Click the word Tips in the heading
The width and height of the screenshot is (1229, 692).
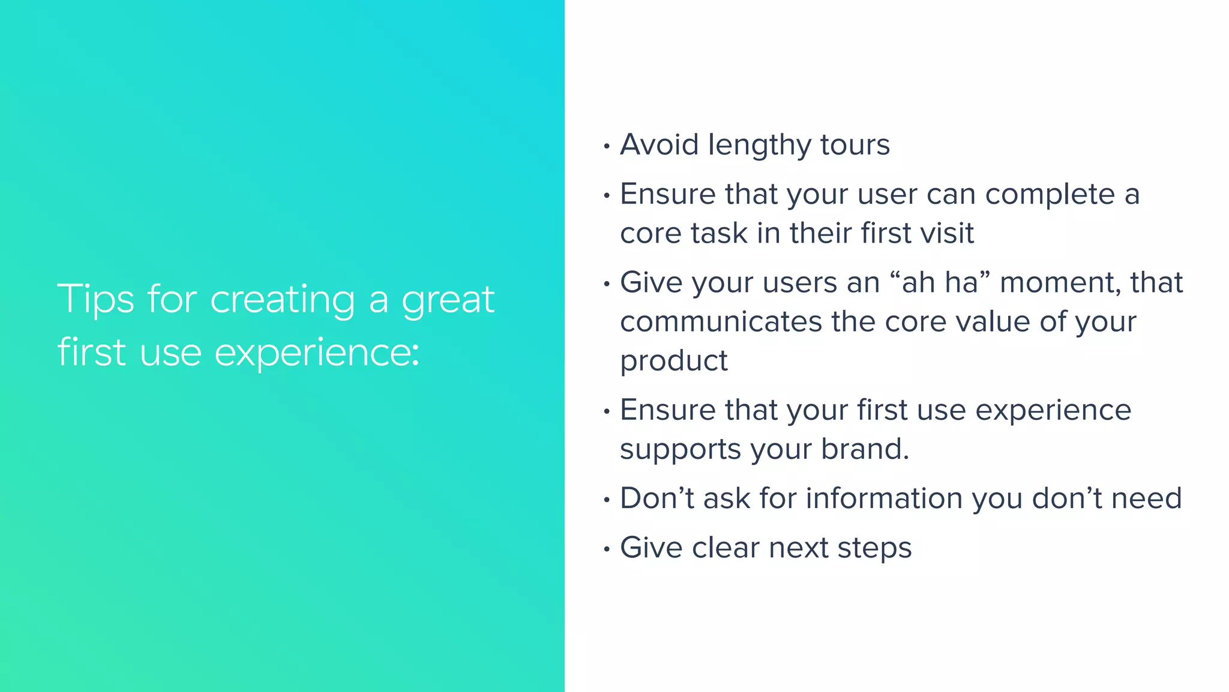pos(95,299)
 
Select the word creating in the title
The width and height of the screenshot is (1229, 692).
pos(282,299)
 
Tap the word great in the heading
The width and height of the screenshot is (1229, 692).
pos(448,299)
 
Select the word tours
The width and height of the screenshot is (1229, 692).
pos(855,145)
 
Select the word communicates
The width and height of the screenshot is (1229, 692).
pos(721,321)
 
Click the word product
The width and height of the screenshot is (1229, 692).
pos(673,362)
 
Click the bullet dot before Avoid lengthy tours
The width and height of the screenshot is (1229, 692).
pos(607,146)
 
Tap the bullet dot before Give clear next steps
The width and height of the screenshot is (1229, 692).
pos(607,549)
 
